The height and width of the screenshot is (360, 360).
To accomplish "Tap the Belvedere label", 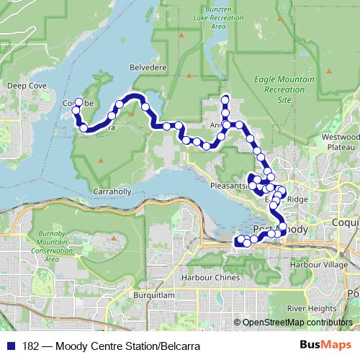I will (x=148, y=67).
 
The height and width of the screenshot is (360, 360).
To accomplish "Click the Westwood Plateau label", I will (x=339, y=141).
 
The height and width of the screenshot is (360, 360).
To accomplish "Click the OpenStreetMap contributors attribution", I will (x=295, y=323).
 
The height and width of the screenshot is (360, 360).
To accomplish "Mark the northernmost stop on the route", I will (x=225, y=99).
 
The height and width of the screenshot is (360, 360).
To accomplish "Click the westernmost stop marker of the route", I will (x=76, y=109).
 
